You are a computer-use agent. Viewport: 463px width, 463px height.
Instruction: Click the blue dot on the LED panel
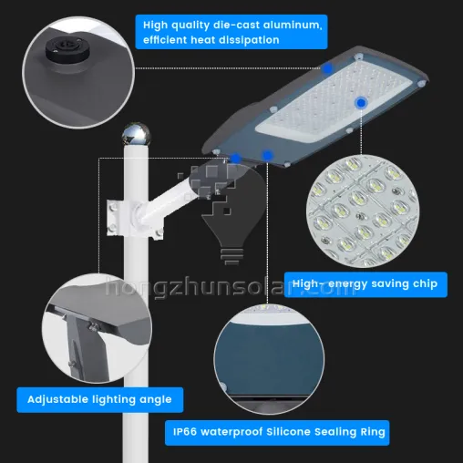point(361,103)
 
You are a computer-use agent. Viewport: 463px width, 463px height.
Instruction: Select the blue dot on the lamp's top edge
point(327,68)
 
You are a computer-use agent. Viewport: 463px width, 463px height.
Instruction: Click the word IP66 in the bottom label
point(189,431)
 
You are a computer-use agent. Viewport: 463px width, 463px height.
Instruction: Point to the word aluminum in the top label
point(293,24)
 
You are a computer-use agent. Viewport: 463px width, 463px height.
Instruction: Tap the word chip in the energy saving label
point(423,284)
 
